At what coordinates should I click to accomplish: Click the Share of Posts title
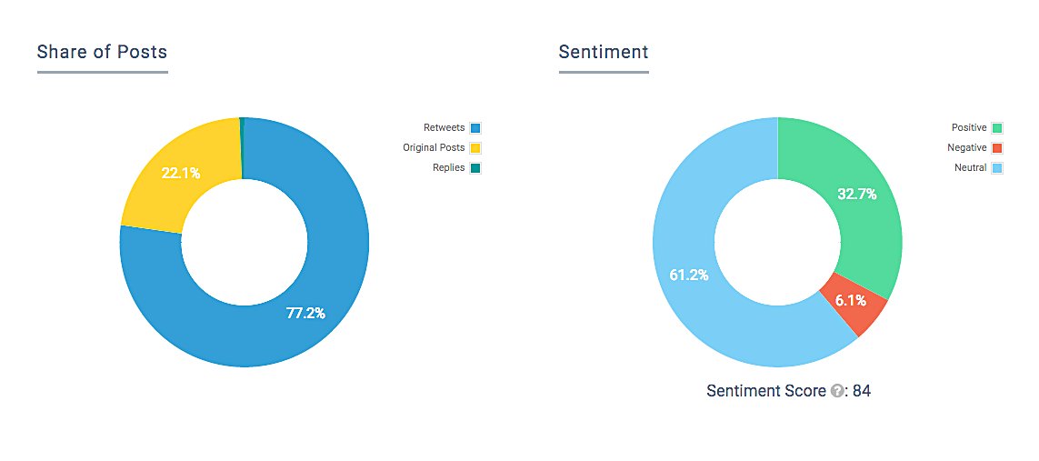102,52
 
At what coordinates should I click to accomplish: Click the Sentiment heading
604,52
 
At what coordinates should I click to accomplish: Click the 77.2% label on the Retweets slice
305,314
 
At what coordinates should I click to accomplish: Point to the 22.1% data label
181,174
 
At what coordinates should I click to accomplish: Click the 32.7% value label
857,194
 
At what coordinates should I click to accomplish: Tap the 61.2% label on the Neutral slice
688,275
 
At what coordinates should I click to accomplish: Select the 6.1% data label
850,301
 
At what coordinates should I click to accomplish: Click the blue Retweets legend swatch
475,128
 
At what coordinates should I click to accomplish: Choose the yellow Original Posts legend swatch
475,147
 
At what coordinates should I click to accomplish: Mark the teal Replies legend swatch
475,168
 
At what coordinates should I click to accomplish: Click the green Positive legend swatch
997,128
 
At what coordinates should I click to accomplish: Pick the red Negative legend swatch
997,147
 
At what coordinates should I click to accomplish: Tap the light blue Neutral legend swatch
997,168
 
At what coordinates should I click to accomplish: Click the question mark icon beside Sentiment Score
837,392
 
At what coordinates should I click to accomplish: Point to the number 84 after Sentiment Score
862,391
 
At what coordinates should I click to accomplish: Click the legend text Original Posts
434,147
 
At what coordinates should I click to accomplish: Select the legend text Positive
969,128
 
